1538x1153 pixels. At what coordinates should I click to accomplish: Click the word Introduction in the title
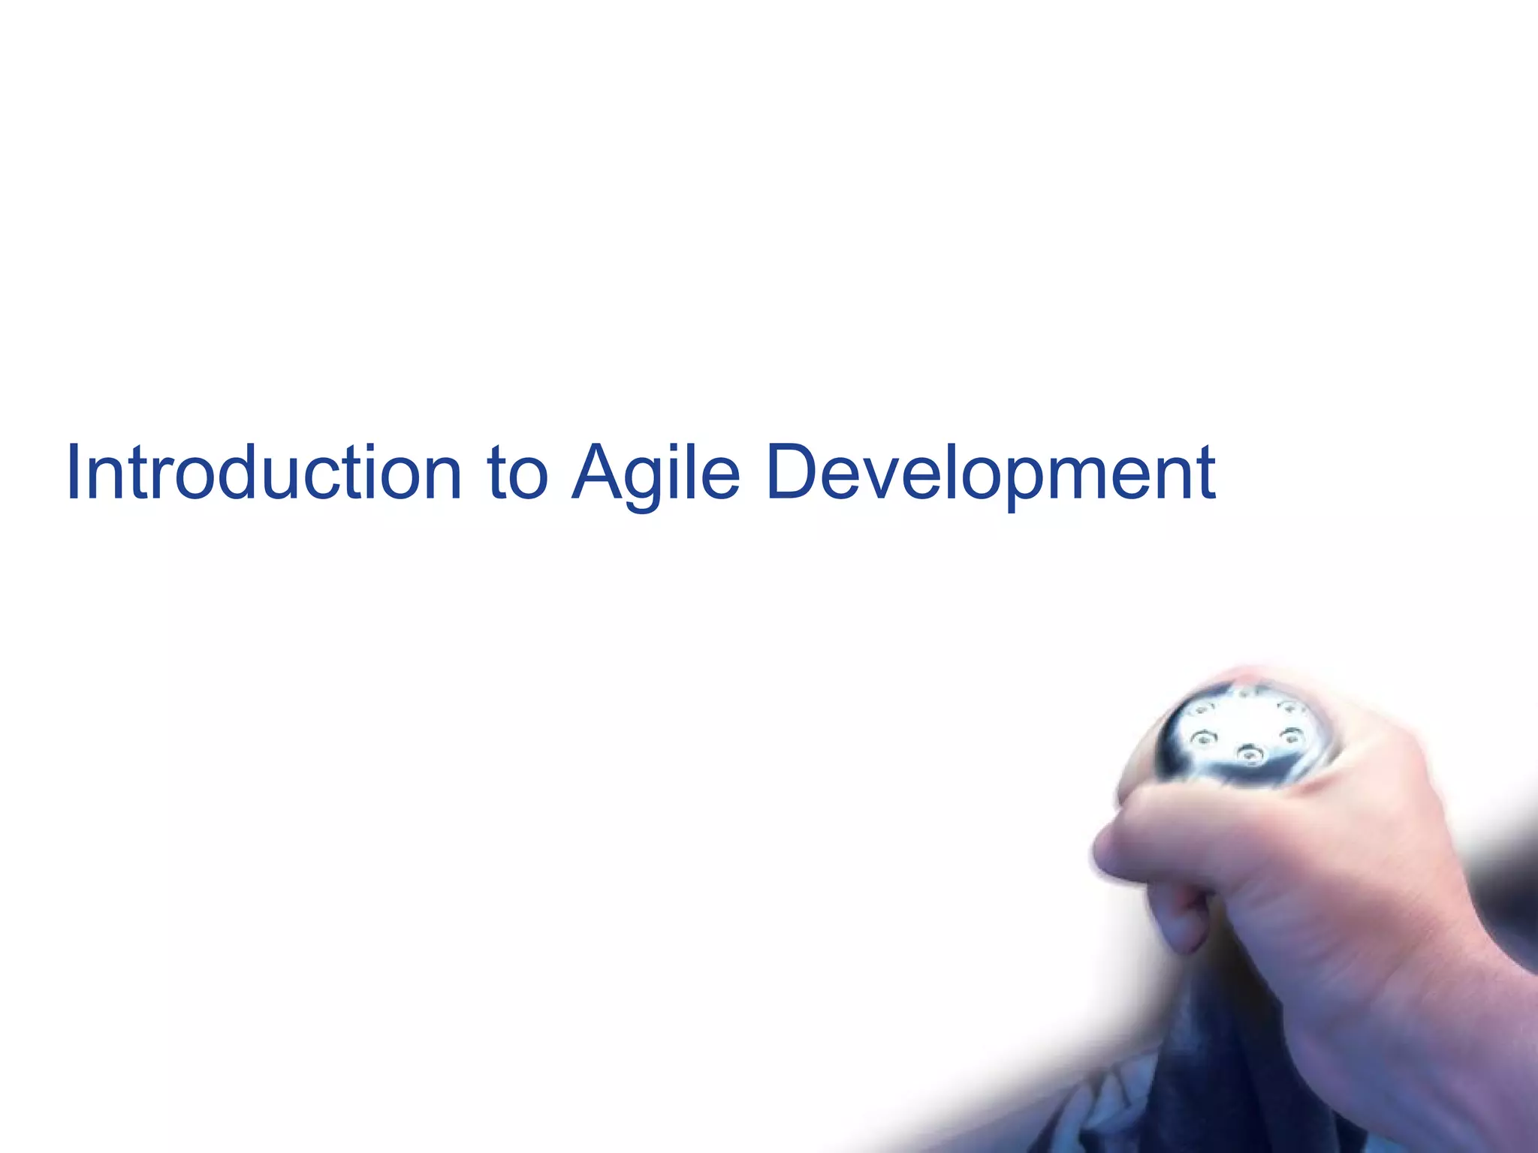point(264,473)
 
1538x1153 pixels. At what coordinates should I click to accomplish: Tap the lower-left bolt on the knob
point(1203,739)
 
